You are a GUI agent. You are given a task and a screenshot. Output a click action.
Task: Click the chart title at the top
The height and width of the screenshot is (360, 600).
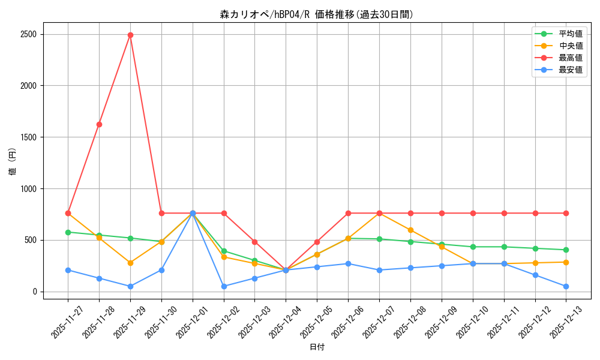pos(317,14)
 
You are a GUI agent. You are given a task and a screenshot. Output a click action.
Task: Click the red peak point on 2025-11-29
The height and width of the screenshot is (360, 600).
pos(130,35)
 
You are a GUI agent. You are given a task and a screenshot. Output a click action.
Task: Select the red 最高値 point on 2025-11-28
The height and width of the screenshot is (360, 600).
pos(99,124)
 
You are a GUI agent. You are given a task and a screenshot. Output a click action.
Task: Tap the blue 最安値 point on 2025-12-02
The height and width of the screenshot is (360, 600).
pos(224,286)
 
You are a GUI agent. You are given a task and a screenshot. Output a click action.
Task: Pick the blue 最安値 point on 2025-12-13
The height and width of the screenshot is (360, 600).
pos(566,286)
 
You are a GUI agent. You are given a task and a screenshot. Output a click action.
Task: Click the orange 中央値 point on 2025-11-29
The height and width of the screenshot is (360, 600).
pos(130,263)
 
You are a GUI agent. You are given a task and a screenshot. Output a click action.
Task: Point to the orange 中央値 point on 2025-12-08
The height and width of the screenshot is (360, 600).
pos(410,230)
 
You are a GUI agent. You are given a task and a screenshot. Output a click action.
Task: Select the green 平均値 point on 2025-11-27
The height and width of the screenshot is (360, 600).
pos(68,232)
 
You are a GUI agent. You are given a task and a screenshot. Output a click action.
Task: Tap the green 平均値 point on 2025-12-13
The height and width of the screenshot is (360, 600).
pos(566,250)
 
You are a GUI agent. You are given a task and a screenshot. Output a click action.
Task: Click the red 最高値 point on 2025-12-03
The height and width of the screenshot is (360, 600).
pos(255,242)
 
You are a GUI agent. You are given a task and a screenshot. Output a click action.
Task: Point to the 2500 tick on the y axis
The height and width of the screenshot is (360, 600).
pos(28,34)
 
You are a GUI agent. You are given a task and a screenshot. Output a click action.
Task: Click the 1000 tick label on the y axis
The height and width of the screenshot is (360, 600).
pos(28,188)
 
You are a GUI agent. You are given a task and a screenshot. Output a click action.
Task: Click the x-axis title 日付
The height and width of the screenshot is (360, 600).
pos(317,347)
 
